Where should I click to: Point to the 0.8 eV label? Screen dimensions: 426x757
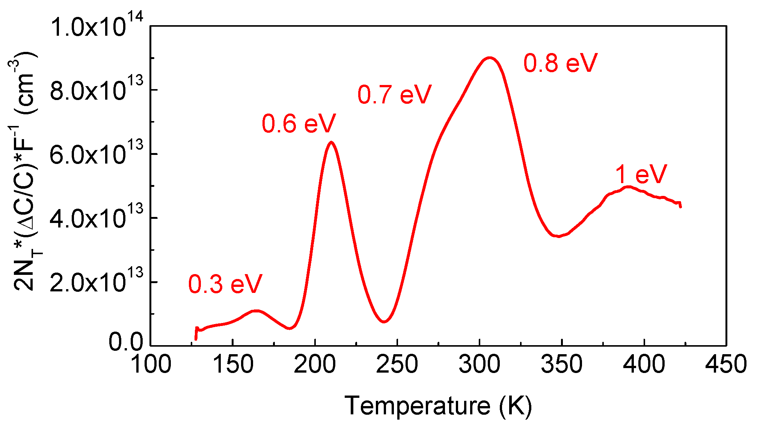pyautogui.click(x=560, y=63)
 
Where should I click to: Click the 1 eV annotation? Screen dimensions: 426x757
pyautogui.click(x=641, y=175)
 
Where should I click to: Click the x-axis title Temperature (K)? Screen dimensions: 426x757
pyautogui.click(x=438, y=406)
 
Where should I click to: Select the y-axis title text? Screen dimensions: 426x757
pyautogui.click(x=26, y=171)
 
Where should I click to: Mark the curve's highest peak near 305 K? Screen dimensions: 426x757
pyautogui.click(x=489, y=58)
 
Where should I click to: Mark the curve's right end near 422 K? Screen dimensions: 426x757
pyautogui.click(x=680, y=206)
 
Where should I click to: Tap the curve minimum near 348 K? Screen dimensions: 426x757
pyautogui.click(x=559, y=236)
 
